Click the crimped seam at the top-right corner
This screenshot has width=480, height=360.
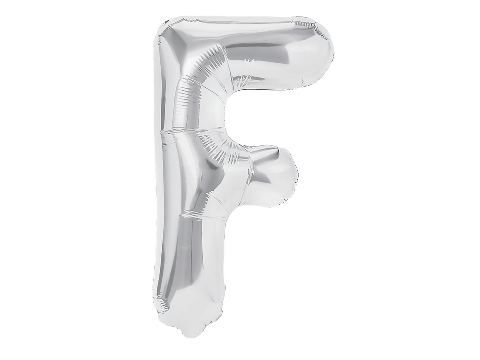click(x=315, y=29)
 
